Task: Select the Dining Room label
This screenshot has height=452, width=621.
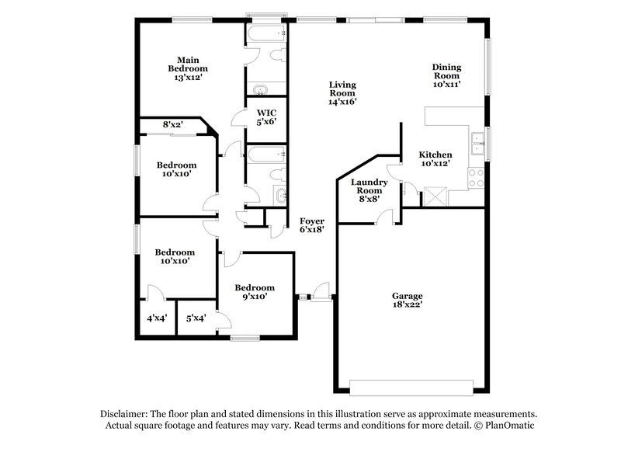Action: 447,75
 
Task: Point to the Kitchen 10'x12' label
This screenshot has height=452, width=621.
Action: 435,159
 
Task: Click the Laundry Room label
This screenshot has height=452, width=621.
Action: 368,190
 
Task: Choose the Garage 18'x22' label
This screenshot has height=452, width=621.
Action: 407,301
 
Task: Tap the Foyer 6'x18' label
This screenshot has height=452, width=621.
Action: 311,225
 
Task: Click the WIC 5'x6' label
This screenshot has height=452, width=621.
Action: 266,116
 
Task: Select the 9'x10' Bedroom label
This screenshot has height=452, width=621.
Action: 255,291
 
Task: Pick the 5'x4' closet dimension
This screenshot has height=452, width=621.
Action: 196,318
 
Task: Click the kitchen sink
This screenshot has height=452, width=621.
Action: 477,140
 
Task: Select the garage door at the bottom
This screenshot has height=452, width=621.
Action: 411,386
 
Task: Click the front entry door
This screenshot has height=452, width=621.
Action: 317,296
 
